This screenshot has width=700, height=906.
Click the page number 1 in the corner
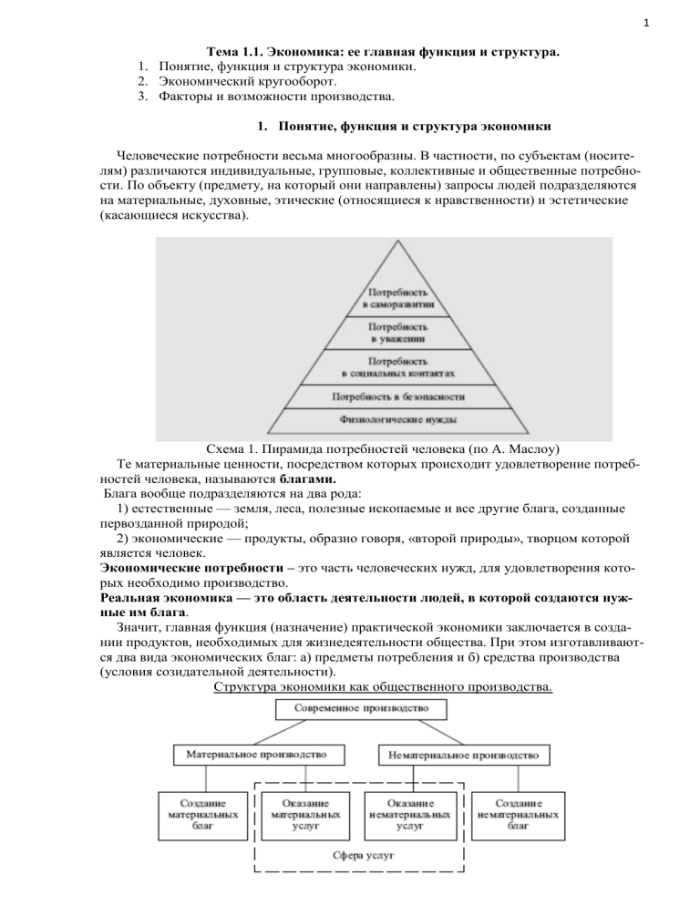point(684,15)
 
